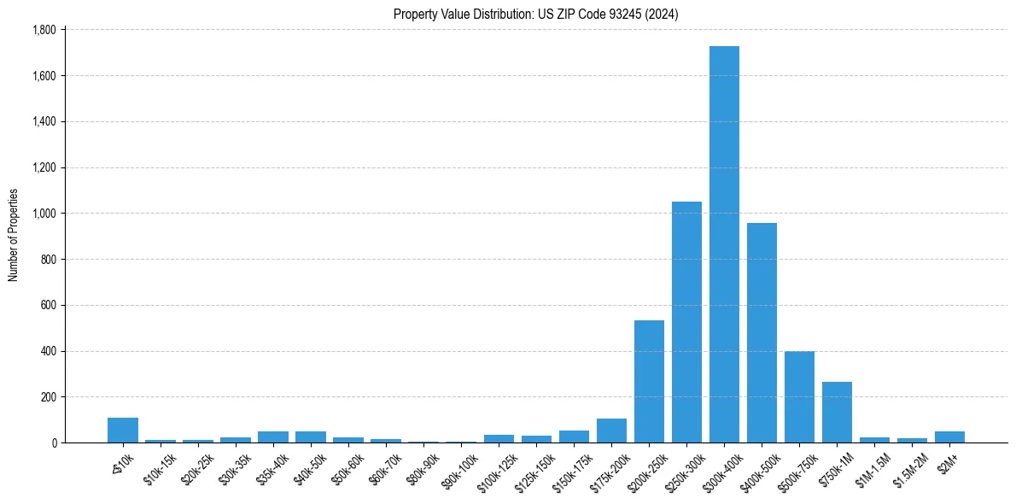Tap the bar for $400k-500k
(762, 333)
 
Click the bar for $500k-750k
(799, 397)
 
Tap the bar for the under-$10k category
(123, 431)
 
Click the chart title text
(535, 15)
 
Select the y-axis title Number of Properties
(14, 235)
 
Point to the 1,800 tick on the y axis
(44, 30)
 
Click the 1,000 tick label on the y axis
(44, 214)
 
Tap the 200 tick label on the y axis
(48, 397)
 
